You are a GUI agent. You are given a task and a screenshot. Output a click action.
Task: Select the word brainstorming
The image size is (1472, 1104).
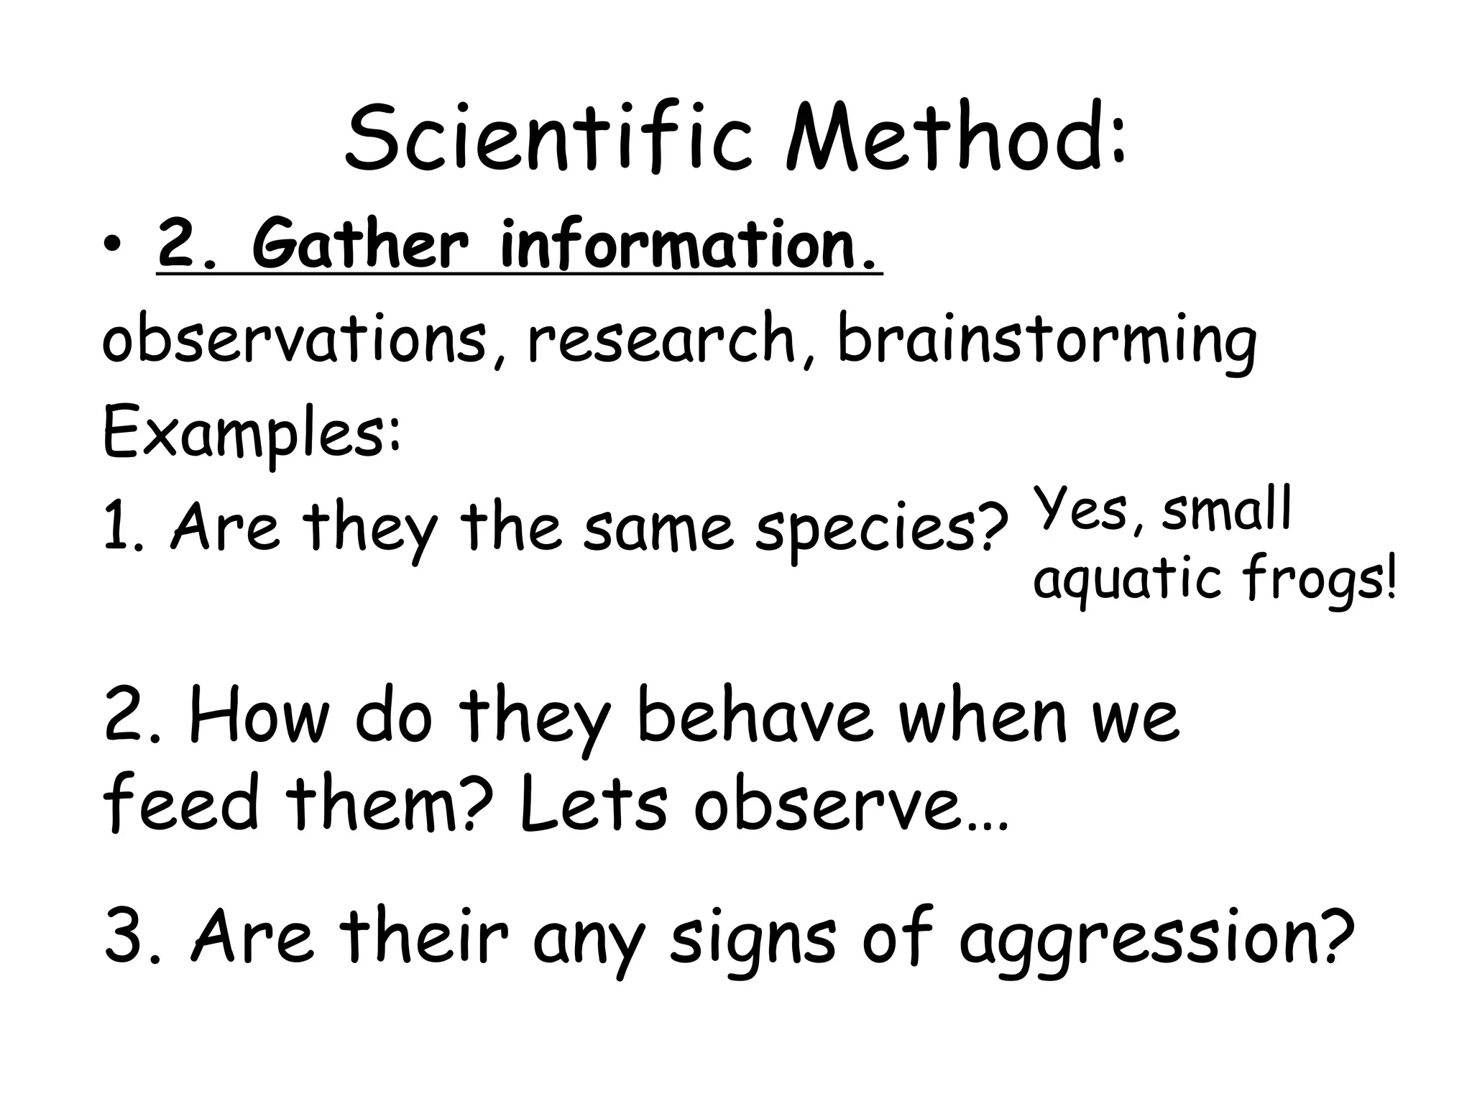pyautogui.click(x=1046, y=342)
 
